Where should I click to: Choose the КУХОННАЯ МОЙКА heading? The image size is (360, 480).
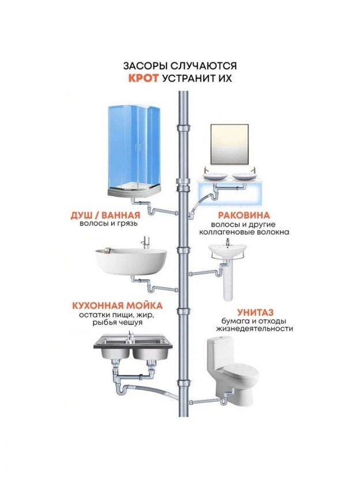pyautogui.click(x=116, y=305)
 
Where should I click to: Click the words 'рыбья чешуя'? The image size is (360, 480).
pyautogui.click(x=116, y=323)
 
